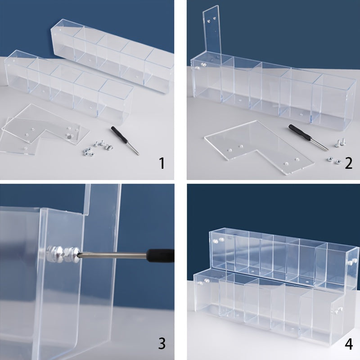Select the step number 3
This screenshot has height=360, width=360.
coord(162,344)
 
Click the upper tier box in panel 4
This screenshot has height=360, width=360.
coord(279,256)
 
